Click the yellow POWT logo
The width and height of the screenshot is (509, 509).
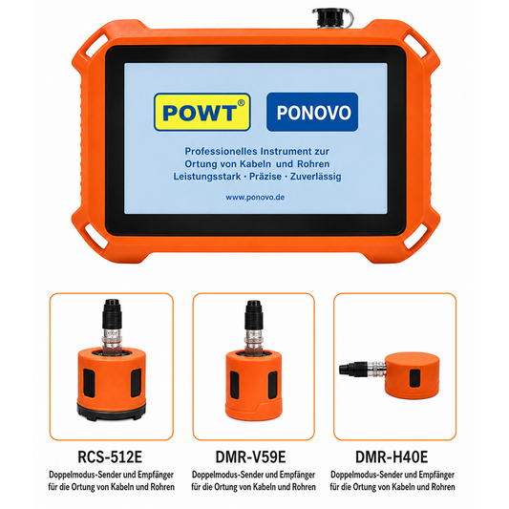click(201, 112)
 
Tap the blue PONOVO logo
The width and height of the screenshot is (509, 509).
click(312, 112)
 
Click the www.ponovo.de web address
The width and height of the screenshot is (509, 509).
click(255, 198)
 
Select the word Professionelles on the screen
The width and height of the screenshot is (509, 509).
click(221, 151)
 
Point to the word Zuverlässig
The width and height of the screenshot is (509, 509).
click(315, 177)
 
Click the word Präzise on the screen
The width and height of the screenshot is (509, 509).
click(265, 177)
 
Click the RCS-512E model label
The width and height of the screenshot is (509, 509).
click(110, 456)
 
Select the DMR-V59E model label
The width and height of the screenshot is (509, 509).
click(250, 456)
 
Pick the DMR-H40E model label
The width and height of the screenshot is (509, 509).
click(392, 456)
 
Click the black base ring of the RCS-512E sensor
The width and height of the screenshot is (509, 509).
click(112, 412)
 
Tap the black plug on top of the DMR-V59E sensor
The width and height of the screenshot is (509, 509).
click(253, 314)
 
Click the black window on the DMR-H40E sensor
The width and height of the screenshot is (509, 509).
click(414, 378)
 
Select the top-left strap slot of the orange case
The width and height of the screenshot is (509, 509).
click(95, 45)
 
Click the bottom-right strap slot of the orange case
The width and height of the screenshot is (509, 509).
click(416, 237)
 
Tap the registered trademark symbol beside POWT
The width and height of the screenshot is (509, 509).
click(241, 103)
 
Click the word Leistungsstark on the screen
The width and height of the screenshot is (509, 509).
click(207, 177)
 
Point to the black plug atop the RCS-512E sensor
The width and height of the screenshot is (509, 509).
click(113, 314)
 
